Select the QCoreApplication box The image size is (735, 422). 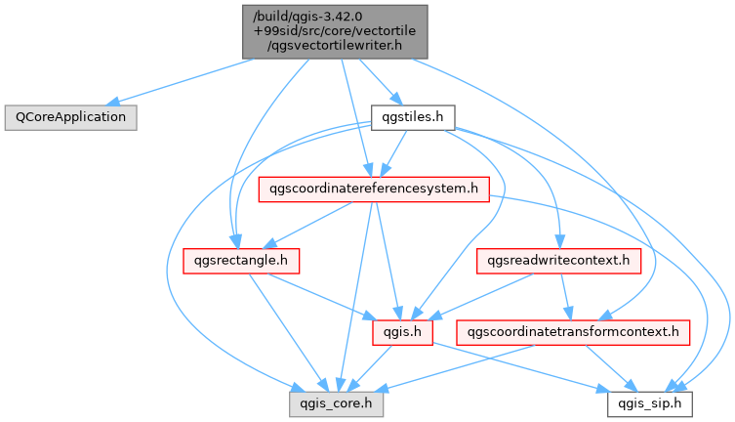pos(69,116)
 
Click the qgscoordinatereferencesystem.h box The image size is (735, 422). pos(373,189)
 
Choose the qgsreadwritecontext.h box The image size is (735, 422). pos(558,261)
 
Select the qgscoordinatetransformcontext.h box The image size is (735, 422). pos(573,332)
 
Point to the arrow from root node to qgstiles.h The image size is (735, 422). pos(376,80)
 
